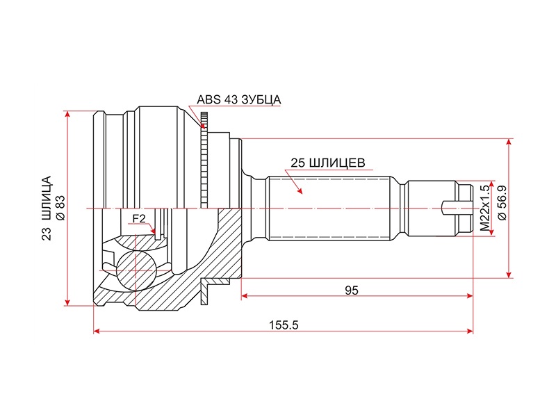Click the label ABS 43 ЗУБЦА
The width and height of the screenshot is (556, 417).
tap(238, 99)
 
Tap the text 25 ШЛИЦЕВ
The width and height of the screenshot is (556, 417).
tap(327, 163)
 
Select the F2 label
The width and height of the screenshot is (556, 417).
tap(138, 219)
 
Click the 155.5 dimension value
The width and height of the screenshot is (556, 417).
tap(284, 325)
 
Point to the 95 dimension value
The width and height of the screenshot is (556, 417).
tap(352, 291)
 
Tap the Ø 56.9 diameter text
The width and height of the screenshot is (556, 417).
tap(502, 204)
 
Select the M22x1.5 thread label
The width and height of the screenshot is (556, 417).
tap(484, 208)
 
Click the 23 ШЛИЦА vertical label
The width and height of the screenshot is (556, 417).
tap(47, 208)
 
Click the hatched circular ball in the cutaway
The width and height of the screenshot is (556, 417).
tap(136, 270)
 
